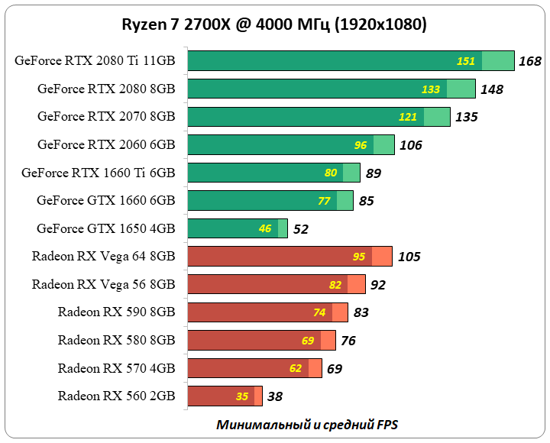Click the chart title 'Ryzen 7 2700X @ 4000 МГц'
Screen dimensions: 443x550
pyautogui.click(x=274, y=24)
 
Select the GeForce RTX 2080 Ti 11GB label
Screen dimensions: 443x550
pyautogui.click(x=95, y=61)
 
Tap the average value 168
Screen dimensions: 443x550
pyautogui.click(x=529, y=61)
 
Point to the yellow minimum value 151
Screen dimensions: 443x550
pyautogui.click(x=466, y=61)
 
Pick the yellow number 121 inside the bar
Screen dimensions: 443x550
pyautogui.click(x=408, y=117)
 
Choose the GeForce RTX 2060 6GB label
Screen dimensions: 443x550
pyautogui.click(x=106, y=144)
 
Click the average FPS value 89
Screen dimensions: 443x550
pyautogui.click(x=374, y=173)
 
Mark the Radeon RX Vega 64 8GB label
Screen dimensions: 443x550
pyautogui.click(x=104, y=257)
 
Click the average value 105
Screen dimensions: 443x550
pyautogui.click(x=409, y=257)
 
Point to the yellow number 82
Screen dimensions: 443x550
pyautogui.click(x=335, y=285)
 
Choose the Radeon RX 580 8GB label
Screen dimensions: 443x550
pyautogui.click(x=116, y=340)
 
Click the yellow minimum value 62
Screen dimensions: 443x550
pyautogui.click(x=296, y=368)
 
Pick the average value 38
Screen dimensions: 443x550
pyautogui.click(x=276, y=396)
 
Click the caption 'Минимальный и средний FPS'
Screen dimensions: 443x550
pyautogui.click(x=307, y=425)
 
